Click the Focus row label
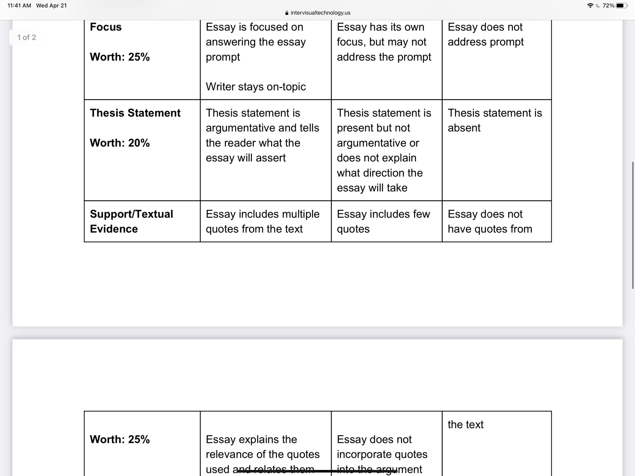(x=106, y=27)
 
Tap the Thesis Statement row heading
(x=135, y=113)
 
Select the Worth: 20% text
(x=120, y=143)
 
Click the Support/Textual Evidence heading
(x=131, y=221)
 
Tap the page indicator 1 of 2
(x=26, y=37)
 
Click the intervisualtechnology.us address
(x=320, y=13)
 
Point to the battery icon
(x=622, y=5)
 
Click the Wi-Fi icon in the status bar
(x=590, y=5)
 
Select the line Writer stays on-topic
(x=255, y=87)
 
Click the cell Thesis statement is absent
(x=494, y=120)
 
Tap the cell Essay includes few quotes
(x=383, y=221)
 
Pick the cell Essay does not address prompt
(x=486, y=34)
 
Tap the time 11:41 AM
(x=19, y=5)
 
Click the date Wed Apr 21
(x=51, y=5)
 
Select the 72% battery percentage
(x=608, y=5)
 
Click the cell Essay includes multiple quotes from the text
(x=262, y=221)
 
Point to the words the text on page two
(x=465, y=424)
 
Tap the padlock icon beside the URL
(x=287, y=13)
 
